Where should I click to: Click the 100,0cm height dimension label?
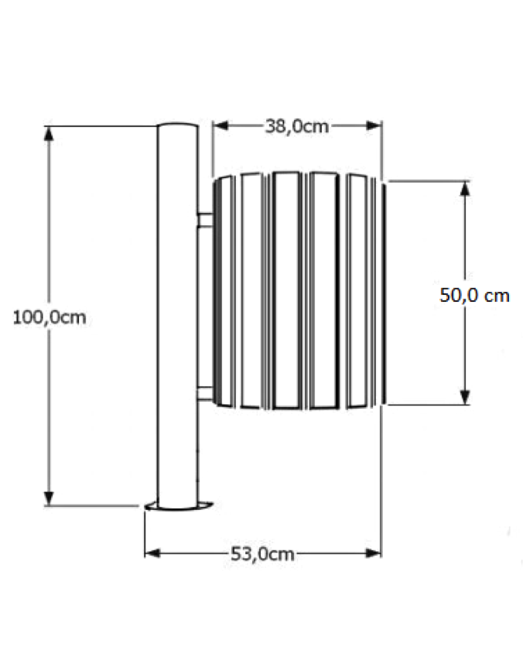pos(50,318)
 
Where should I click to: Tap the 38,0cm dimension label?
pos(297,126)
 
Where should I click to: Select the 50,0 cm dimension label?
pos(474,296)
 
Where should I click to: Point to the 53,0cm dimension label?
pos(263,554)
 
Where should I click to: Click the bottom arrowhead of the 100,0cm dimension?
pos(50,498)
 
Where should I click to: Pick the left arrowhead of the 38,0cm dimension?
pos(220,125)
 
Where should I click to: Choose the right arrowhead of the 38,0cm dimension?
pos(374,125)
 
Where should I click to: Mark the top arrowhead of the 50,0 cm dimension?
pos(465,189)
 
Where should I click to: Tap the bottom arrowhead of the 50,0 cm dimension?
pos(465,397)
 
